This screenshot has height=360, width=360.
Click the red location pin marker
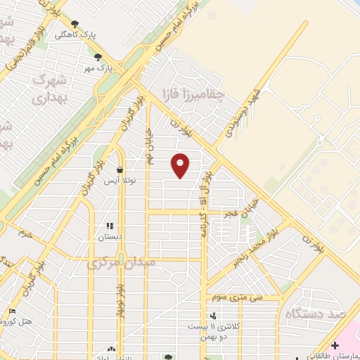181,165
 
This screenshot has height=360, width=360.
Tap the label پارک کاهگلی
96,33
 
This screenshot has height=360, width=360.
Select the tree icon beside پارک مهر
97,58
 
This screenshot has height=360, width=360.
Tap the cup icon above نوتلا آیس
120,169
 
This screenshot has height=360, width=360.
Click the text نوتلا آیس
119,181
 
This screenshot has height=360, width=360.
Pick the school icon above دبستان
109,226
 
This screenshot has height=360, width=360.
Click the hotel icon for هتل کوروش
13,311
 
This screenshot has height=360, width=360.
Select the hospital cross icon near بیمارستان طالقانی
335,345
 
